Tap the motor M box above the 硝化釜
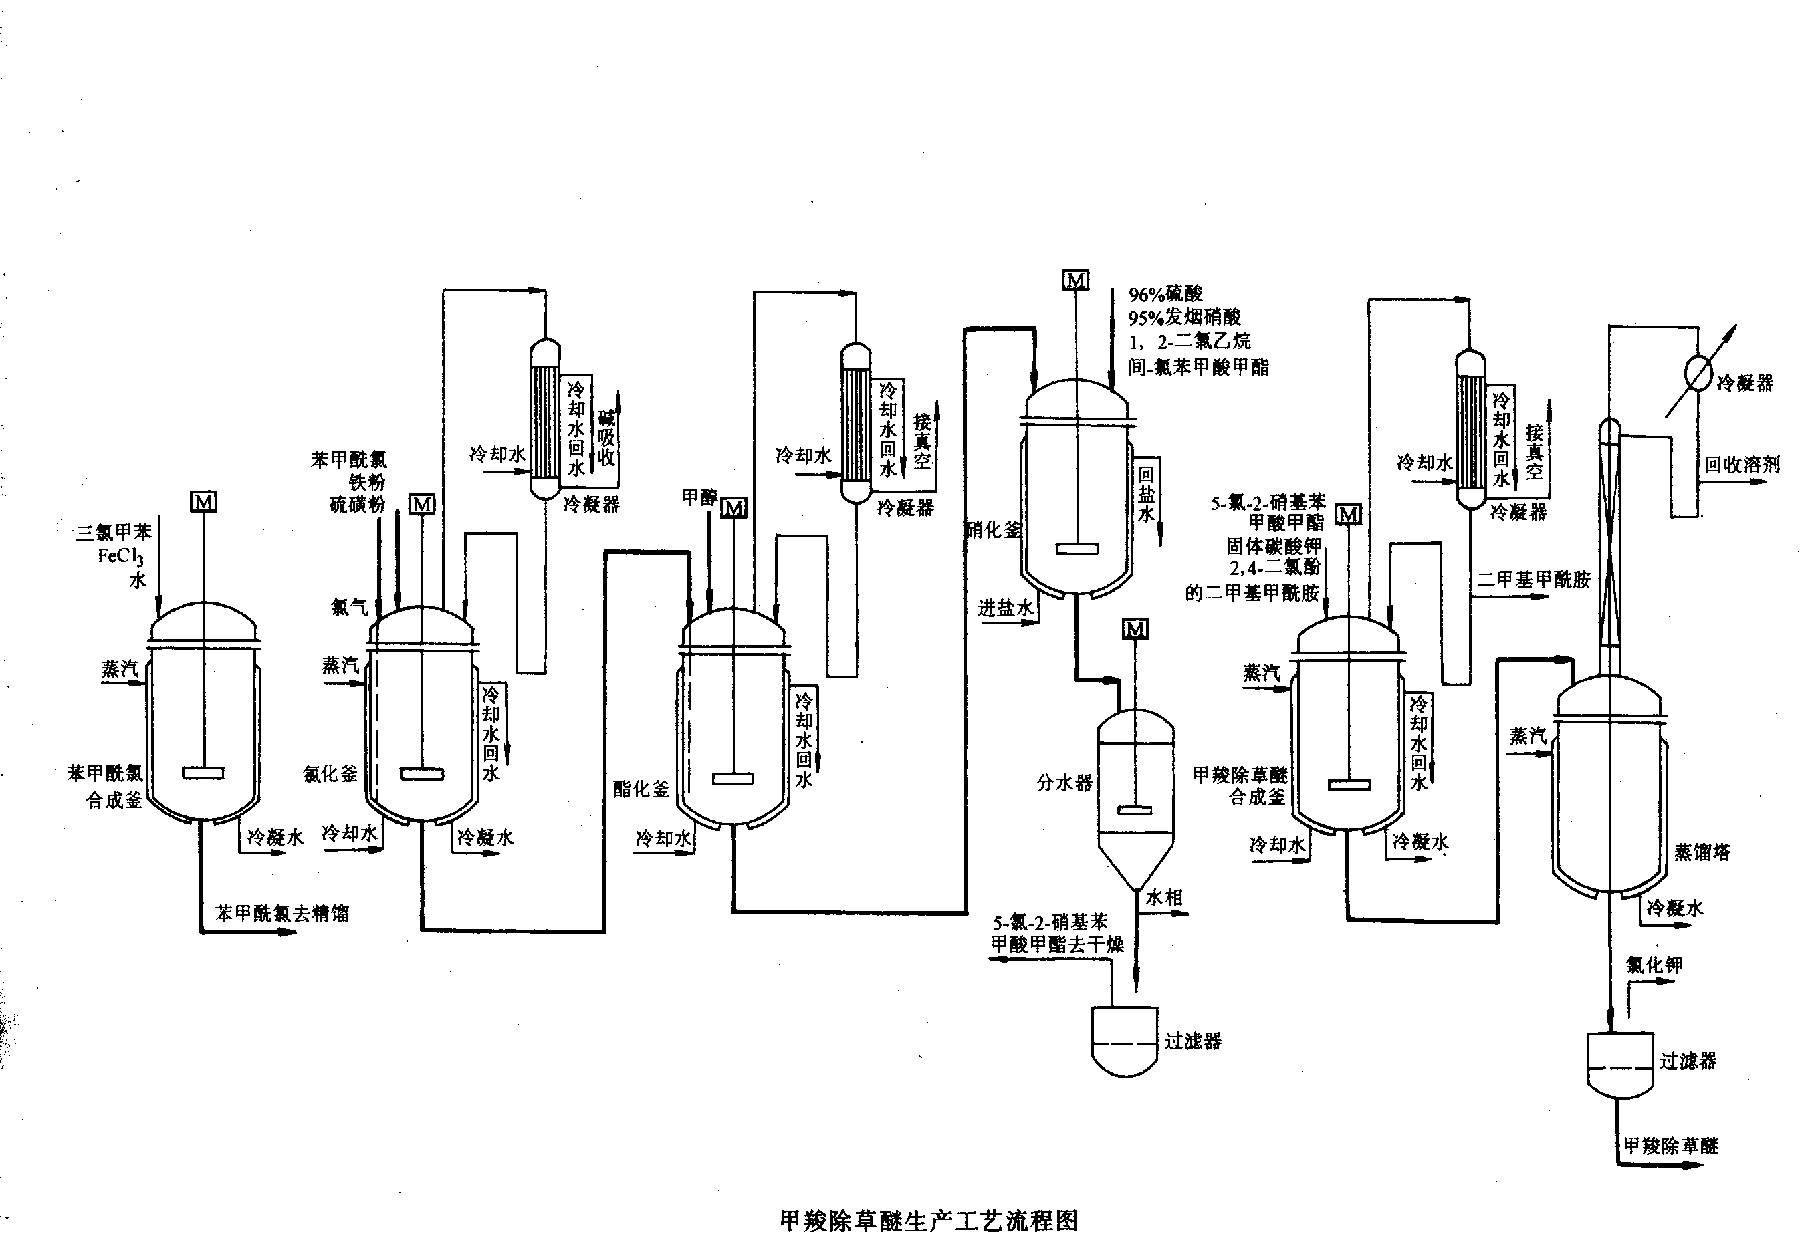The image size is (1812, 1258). click(x=1076, y=280)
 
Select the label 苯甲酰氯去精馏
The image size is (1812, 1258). click(x=281, y=914)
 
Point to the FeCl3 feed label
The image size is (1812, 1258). click(x=120, y=557)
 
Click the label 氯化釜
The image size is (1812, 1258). click(x=330, y=774)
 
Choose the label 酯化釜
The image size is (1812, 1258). click(x=641, y=789)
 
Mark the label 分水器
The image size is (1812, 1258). click(x=1064, y=783)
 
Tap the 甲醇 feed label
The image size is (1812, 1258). click(x=699, y=497)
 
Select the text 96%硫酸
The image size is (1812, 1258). click(x=1165, y=295)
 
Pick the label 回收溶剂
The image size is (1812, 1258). click(x=1742, y=465)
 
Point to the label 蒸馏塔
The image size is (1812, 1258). click(x=1702, y=852)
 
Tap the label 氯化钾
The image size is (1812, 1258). click(x=1654, y=965)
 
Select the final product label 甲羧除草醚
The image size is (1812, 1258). click(x=1670, y=1145)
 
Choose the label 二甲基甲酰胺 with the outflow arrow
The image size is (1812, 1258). click(x=1533, y=580)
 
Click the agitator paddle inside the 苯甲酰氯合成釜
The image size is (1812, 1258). click(x=203, y=773)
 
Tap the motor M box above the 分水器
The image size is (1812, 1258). click(x=1135, y=628)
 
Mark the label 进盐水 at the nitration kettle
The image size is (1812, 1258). click(x=1006, y=608)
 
